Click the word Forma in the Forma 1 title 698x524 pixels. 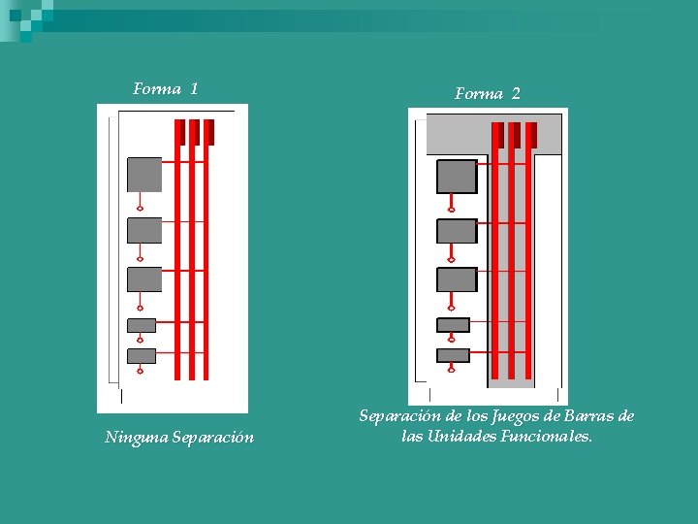(x=156, y=89)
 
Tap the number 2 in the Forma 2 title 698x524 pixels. (x=516, y=94)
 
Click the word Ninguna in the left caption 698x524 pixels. (x=136, y=438)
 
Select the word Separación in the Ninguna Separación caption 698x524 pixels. (x=213, y=438)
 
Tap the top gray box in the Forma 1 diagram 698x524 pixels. (x=144, y=175)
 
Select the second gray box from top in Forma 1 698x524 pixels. (x=144, y=230)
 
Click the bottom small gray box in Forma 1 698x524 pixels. (x=142, y=355)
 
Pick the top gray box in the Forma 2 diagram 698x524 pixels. (x=457, y=177)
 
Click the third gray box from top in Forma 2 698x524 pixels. (x=457, y=279)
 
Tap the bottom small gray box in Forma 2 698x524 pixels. (x=453, y=355)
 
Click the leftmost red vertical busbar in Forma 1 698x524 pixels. (x=177, y=252)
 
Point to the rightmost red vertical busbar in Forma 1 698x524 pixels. (x=206, y=252)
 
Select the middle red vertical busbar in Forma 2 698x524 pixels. (x=511, y=252)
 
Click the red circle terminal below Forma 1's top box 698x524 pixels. (x=141, y=208)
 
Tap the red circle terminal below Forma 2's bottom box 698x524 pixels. (x=452, y=370)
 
